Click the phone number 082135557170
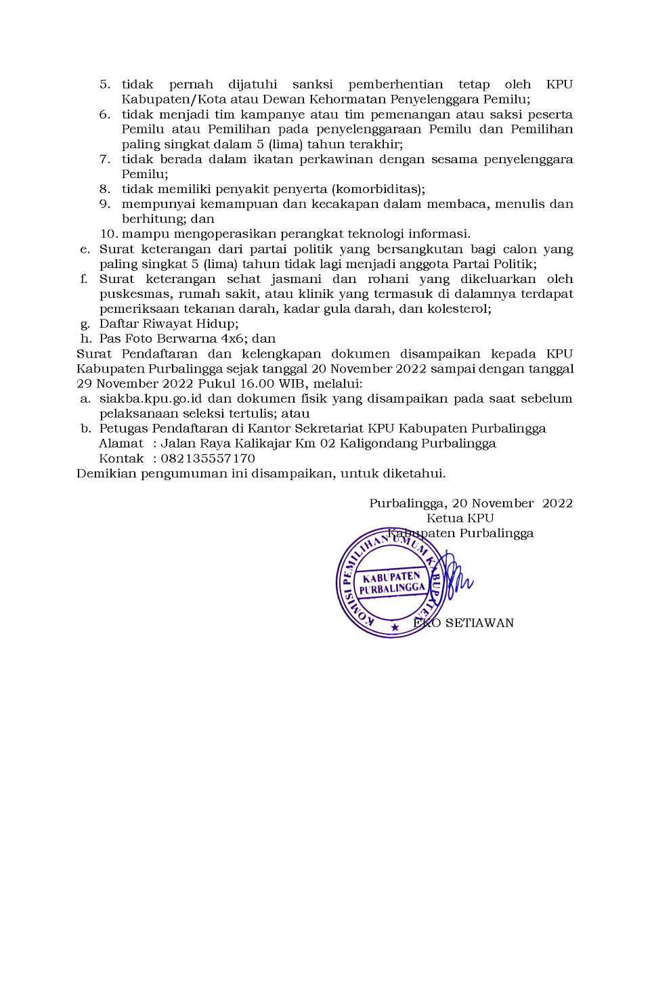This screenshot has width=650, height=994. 207,458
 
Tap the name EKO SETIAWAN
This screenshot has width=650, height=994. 464,623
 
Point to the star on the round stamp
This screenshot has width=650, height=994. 395,627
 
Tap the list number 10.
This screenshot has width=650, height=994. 108,234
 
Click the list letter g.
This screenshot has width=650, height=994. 85,324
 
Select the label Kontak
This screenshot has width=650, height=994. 121,458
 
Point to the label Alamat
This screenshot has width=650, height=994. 121,444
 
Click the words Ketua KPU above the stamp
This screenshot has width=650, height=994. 460,518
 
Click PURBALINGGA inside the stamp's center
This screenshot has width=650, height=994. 392,588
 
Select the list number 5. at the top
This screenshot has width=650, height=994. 105,85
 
